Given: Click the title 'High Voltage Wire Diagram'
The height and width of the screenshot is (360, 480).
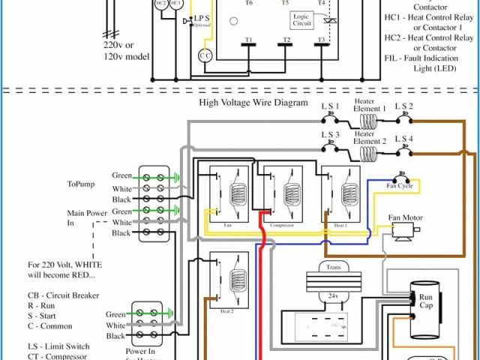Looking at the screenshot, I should (253, 102).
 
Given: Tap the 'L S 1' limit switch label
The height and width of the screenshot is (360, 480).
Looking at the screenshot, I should (331, 106).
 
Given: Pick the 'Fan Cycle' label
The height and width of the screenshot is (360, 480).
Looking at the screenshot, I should (400, 185).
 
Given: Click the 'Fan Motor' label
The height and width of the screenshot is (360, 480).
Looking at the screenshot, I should (405, 218).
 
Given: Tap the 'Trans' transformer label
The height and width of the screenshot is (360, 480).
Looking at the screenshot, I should (333, 266).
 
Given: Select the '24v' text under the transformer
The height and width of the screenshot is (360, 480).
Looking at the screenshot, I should (333, 296).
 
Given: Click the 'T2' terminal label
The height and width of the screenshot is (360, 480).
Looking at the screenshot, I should (286, 39).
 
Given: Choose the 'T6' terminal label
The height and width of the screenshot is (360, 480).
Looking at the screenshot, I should (248, 3).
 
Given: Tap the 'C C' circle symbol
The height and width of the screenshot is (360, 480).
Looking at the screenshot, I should (205, 55).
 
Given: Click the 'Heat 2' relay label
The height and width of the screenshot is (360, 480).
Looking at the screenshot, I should (226, 310).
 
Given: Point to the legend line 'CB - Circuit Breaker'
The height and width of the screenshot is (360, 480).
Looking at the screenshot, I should (64, 295).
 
